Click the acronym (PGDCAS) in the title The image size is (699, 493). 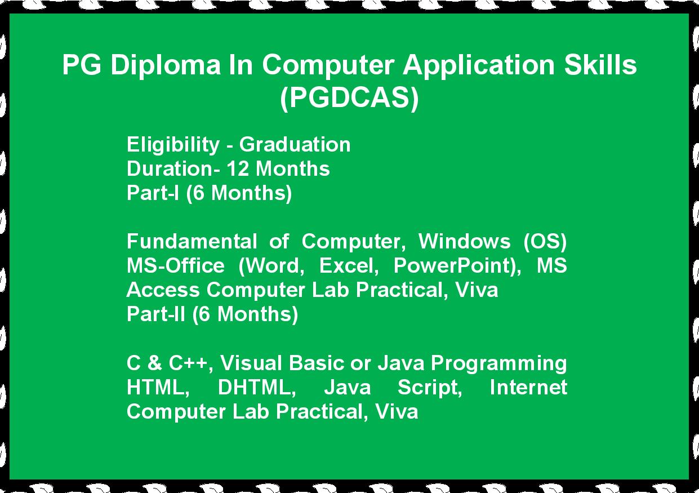tap(349, 98)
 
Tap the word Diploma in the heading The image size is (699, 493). tap(166, 65)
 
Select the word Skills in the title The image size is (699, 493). tap(600, 64)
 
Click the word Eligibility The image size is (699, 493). tap(173, 145)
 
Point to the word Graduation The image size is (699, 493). tap(295, 145)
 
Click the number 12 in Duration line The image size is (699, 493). tap(238, 169)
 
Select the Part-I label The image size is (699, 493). tap(153, 193)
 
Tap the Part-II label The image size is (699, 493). tap(155, 314)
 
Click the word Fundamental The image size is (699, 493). tap(192, 241)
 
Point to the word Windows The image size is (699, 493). tap(464, 241)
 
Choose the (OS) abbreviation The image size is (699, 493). tap(545, 242)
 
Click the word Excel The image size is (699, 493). tap(349, 266)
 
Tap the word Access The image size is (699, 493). tap(163, 290)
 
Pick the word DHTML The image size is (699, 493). tap(257, 388)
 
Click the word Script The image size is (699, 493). tap(430, 388)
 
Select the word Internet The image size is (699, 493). tap(528, 388)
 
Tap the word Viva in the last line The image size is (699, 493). tap(397, 411)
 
